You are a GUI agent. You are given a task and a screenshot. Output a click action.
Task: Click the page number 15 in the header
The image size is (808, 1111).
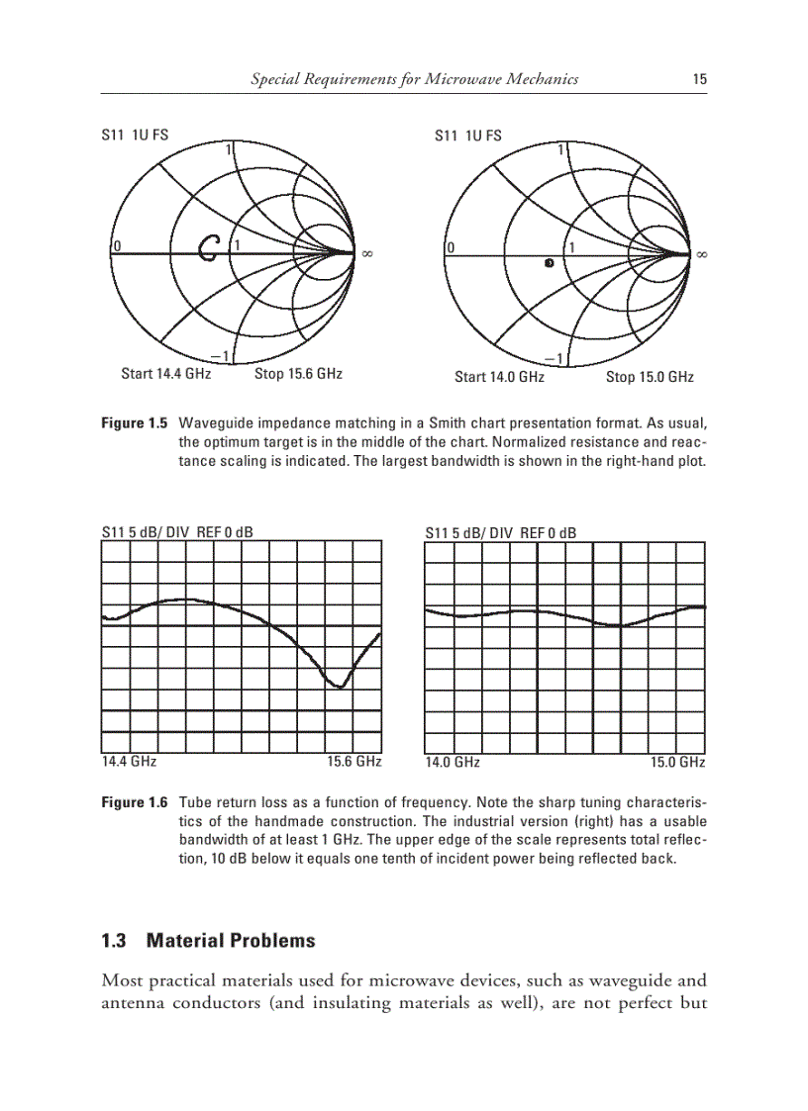coord(699,79)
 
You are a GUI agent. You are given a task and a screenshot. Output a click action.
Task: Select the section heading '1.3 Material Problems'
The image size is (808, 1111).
coord(208,941)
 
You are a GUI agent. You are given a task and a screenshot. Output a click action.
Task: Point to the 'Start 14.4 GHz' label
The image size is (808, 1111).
coord(165,374)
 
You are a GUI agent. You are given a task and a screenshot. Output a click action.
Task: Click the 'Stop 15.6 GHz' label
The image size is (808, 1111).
coord(298,374)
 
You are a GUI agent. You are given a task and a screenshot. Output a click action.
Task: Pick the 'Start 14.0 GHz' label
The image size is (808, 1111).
coord(499,377)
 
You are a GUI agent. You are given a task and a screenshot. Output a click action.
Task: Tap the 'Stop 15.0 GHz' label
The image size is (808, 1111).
coord(650,377)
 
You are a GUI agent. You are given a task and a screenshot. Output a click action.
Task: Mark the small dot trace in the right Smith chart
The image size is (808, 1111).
coord(549,264)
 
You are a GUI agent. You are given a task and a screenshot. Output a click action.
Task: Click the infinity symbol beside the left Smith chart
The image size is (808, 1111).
coord(366,254)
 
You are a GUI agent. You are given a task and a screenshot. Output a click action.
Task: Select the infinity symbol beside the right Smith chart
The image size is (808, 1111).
coord(702,254)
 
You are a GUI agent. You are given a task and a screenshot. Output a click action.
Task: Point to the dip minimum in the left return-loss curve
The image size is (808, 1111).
coord(340,687)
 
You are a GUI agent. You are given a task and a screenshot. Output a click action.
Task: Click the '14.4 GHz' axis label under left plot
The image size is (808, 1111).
coord(129,763)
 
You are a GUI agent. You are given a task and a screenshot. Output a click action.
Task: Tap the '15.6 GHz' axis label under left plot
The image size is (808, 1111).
coord(353,763)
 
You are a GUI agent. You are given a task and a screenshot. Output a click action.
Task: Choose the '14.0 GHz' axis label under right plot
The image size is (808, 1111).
coord(453,763)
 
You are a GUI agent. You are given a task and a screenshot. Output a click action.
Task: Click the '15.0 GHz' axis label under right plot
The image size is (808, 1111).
coord(677,763)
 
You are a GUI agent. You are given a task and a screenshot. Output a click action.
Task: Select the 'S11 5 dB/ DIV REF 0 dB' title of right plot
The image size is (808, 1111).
coord(500,533)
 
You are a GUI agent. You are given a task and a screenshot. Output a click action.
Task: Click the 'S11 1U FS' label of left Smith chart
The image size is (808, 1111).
coord(134,136)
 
